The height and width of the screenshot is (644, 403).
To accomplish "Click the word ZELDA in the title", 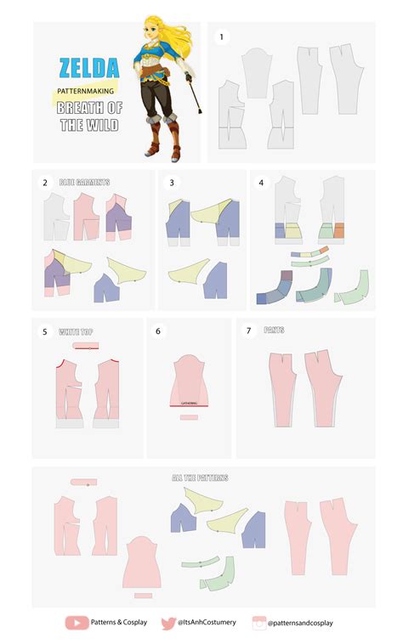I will pos(88,67).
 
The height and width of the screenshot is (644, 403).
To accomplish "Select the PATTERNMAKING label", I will pos(84,88).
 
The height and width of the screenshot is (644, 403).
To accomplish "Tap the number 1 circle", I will pos(222,37).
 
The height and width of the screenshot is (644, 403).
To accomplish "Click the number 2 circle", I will pos(45,182).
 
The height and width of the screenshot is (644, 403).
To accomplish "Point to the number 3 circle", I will pos(172,182).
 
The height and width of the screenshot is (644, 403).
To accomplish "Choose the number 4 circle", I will pos(262,182).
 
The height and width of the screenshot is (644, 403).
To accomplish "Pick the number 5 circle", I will pos(45,330).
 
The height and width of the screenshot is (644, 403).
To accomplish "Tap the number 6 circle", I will pos(158,330).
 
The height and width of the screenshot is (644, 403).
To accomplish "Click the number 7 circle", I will pos(249,330).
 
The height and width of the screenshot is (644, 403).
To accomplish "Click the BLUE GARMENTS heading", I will pos(84,182).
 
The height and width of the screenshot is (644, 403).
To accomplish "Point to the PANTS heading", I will pos(274,330).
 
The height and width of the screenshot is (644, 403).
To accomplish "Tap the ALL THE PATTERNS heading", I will pos(200,477).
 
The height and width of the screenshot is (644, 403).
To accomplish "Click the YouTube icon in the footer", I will pos(77,622).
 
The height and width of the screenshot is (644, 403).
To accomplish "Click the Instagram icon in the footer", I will pos(258,622).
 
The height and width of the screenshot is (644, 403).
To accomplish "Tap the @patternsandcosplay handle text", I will pos(300,623).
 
